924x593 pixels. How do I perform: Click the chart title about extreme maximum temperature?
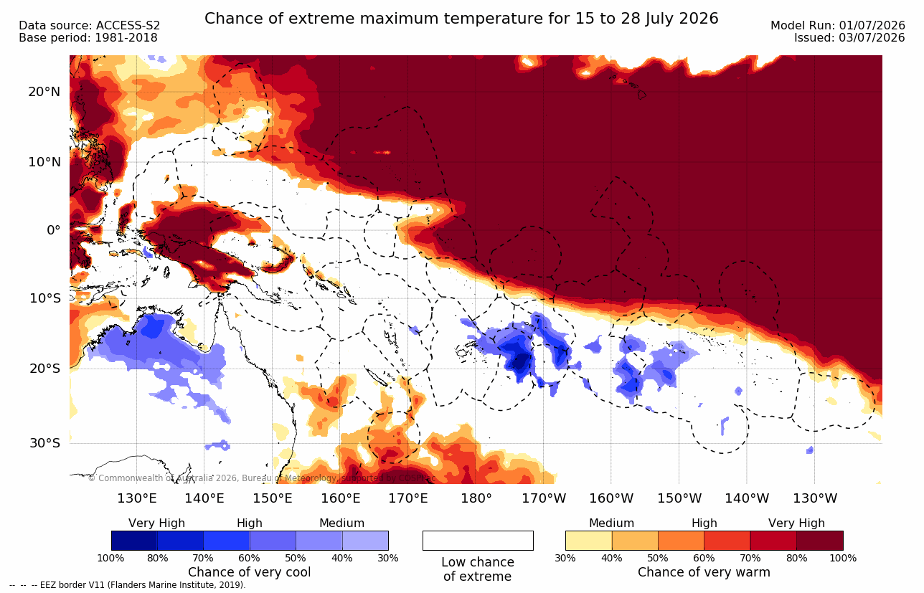tap(461, 19)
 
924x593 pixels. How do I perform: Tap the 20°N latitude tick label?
tap(44, 92)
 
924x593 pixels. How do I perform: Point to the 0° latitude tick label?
tap(54, 230)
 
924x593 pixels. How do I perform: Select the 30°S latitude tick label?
tap(45, 443)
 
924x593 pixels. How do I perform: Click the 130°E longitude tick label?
tap(137, 498)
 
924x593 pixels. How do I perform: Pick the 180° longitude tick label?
tap(476, 498)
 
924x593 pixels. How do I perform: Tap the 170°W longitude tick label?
tap(544, 498)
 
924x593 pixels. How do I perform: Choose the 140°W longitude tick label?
tap(747, 498)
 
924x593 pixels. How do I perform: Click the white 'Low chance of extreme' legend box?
tap(478, 540)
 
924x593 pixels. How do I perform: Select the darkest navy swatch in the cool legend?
tap(134, 540)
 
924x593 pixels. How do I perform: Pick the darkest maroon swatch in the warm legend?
tap(820, 540)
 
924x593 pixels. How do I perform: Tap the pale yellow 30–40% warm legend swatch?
tap(589, 540)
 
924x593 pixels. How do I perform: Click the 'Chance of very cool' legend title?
tap(249, 572)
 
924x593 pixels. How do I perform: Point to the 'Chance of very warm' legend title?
tap(704, 572)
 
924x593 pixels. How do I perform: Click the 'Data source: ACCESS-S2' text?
tap(89, 26)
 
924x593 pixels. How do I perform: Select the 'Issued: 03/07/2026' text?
tap(849, 37)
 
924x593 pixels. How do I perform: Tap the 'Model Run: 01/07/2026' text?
tap(838, 26)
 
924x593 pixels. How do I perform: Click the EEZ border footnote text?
tap(127, 584)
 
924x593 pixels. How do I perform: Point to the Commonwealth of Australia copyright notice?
tap(262, 478)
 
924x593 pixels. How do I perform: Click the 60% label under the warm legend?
tap(704, 558)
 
